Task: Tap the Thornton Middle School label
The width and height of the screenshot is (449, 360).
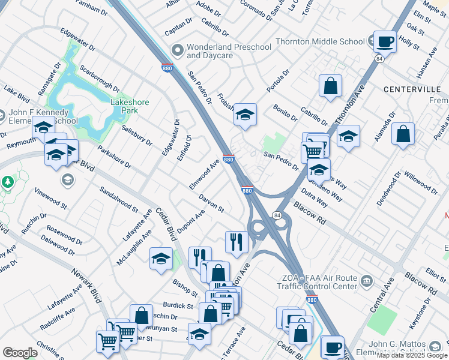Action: click(320, 41)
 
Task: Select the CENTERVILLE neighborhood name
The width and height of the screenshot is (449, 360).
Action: click(412, 89)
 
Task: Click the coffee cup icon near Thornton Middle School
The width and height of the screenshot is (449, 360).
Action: click(385, 42)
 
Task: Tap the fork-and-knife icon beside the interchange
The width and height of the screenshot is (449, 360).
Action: click(237, 241)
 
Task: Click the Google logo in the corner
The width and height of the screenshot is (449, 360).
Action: click(19, 353)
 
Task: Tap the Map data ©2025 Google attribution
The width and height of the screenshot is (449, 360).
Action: click(412, 355)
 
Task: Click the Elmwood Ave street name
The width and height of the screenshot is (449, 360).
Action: click(205, 175)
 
